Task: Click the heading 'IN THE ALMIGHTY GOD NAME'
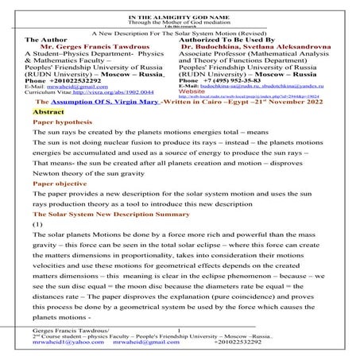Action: point(180,6)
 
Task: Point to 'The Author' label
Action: point(47,39)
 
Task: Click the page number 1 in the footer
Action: point(180,329)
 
